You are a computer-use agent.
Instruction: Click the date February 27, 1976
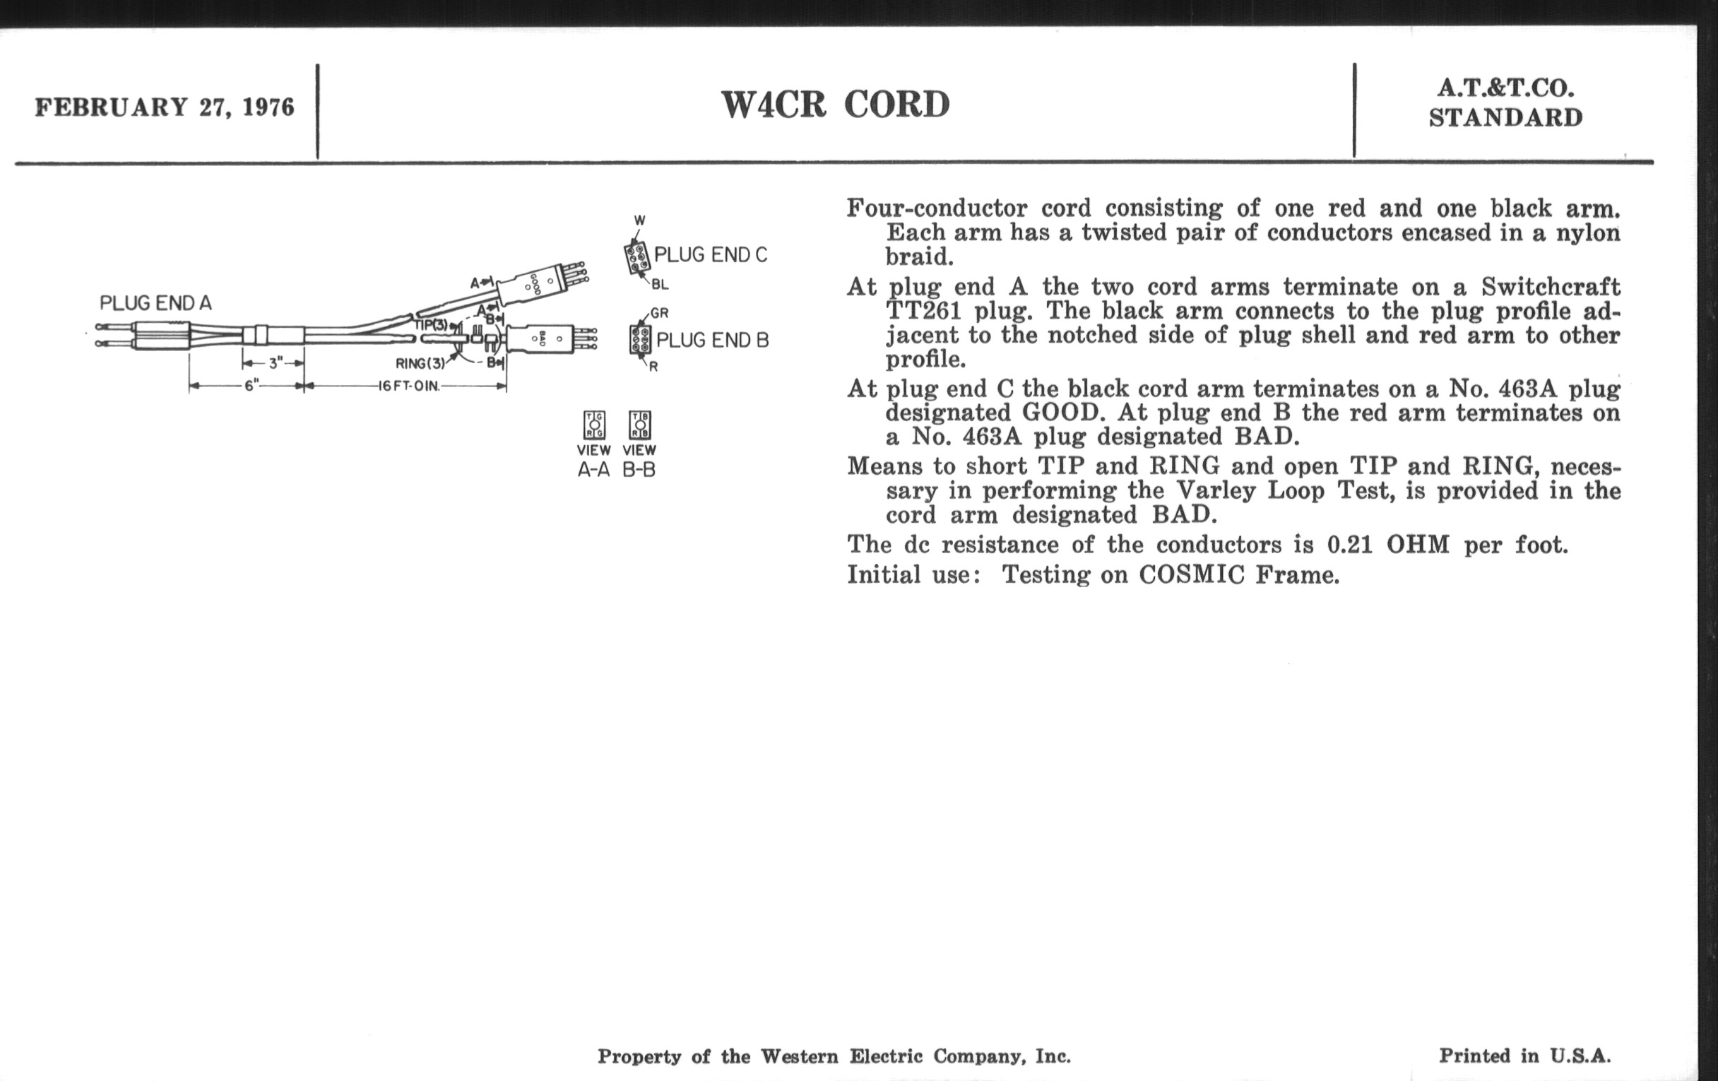coord(165,107)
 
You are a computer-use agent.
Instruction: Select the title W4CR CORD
coord(836,105)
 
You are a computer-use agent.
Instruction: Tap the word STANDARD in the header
coord(1505,118)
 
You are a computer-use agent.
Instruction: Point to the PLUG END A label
coord(155,303)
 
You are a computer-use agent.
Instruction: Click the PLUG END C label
coord(711,255)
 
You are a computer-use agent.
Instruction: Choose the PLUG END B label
coord(712,341)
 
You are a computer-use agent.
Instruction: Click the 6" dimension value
coord(251,386)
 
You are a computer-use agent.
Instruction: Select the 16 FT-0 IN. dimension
coord(410,386)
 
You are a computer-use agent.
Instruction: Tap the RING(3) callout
coord(420,363)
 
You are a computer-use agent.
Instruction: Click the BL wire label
coord(660,285)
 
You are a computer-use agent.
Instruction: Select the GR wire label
coord(659,313)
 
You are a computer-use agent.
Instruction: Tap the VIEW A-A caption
coord(593,459)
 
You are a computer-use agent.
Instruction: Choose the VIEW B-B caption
coord(639,459)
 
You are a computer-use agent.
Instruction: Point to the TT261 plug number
coord(925,311)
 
